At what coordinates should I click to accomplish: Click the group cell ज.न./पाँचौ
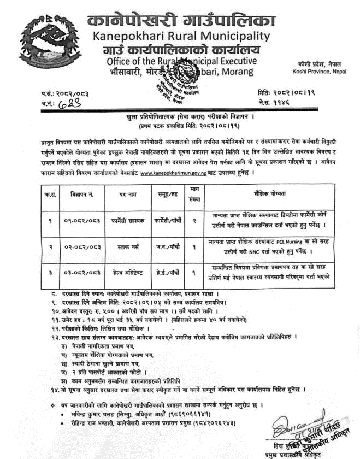164,247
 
